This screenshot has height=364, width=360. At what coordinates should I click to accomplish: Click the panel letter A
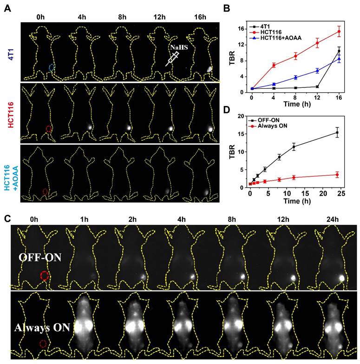[x=7, y=8]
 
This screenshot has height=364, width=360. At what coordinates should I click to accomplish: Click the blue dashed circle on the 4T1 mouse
[x=52, y=68]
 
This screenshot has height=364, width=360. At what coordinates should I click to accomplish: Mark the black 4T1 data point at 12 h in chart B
[x=317, y=86]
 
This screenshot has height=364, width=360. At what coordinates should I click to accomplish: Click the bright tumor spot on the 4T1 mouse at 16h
[x=209, y=68]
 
